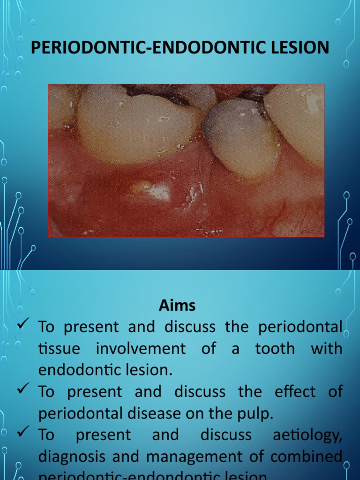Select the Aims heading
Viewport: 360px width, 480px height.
coord(177,306)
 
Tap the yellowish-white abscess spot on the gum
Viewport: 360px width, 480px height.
coord(141,187)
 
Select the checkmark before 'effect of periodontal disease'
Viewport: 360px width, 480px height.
coord(23,390)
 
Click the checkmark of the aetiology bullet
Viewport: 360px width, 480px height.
coord(23,433)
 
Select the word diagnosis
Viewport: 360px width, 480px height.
coord(72,457)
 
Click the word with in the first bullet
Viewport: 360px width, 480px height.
coord(326,349)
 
